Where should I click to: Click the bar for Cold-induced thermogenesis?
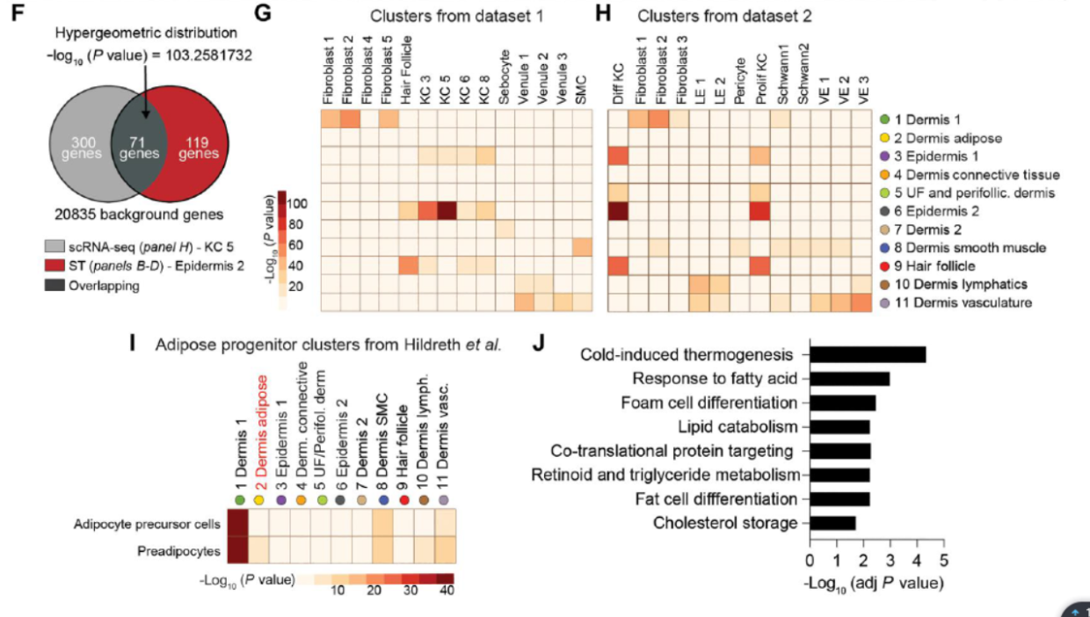(x=868, y=355)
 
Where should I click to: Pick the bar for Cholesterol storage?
(x=832, y=523)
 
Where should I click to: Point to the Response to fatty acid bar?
(x=850, y=379)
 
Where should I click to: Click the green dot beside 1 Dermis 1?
(x=884, y=120)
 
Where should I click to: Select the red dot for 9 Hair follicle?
(x=884, y=266)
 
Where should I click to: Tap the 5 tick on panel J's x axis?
(x=944, y=559)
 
